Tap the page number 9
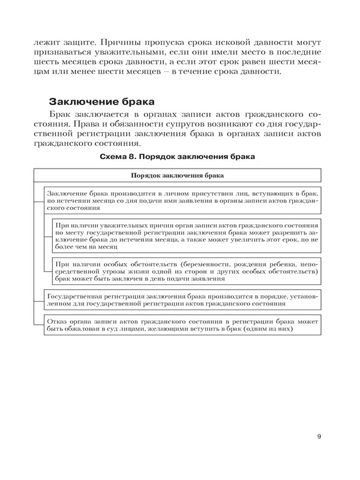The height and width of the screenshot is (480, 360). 319,436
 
